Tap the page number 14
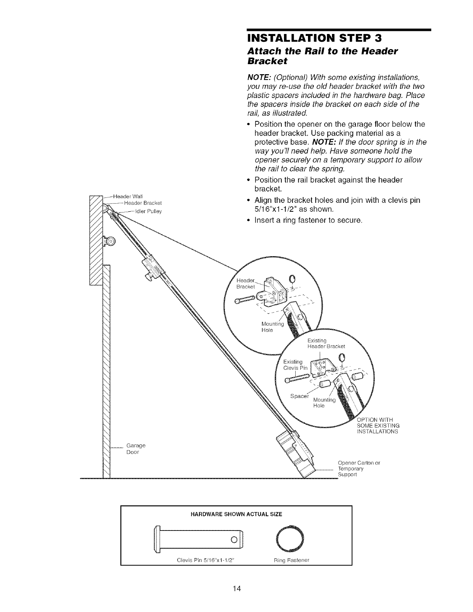click(236, 588)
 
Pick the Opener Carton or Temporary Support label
click(359, 468)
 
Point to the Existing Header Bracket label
click(325, 343)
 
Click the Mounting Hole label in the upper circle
click(273, 327)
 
